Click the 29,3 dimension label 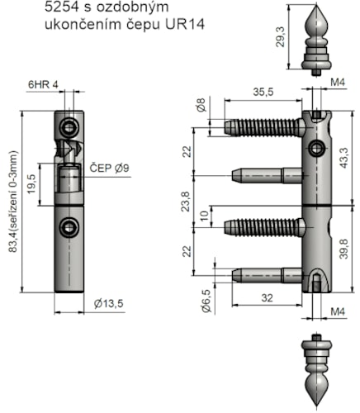(281, 37)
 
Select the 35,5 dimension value (263, 92)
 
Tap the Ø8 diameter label (201, 105)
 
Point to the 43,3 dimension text (343, 158)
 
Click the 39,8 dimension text (343, 249)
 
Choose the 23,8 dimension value (186, 202)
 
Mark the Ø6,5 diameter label (206, 301)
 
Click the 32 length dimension (267, 298)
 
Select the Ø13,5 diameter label (108, 303)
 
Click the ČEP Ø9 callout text (109, 168)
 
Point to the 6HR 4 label (43, 84)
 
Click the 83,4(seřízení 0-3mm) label (13, 202)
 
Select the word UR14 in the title (185, 24)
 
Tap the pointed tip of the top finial (316, 4)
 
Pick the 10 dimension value (204, 216)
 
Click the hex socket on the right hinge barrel (315, 149)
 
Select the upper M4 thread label (338, 82)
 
